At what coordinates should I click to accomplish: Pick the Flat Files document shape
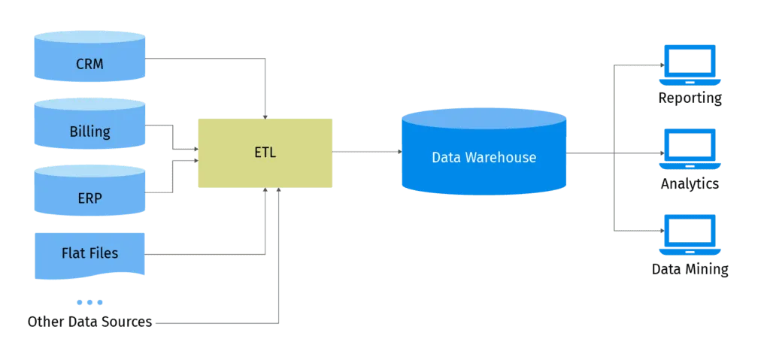click(89, 253)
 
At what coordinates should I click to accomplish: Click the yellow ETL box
click(264, 153)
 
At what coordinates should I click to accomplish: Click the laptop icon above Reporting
click(690, 66)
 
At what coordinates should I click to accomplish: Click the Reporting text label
click(690, 98)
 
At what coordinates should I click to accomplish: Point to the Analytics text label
click(690, 183)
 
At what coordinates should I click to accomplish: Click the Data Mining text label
click(690, 269)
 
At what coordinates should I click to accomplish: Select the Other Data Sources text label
click(89, 322)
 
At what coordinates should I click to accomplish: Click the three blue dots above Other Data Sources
click(89, 302)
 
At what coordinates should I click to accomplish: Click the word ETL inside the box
click(265, 153)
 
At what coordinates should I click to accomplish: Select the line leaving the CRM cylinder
click(203, 56)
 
